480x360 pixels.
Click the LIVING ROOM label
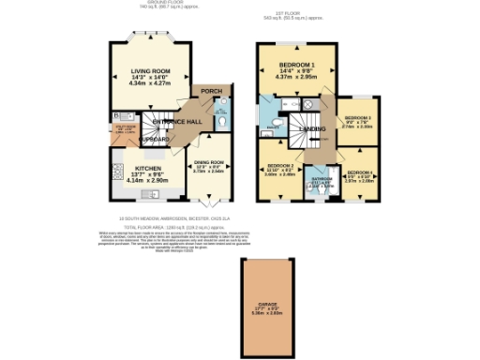150,68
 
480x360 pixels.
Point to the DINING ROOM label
210,162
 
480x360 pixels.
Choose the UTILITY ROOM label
123,127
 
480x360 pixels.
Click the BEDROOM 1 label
296,67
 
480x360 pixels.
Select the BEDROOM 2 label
279,165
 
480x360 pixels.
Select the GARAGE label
269,305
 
